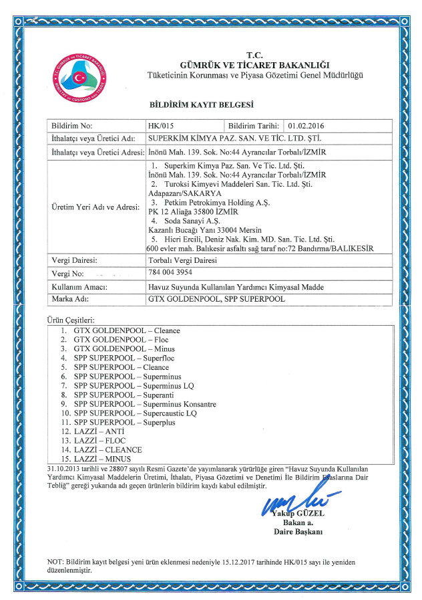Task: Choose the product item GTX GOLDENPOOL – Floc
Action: tap(120, 340)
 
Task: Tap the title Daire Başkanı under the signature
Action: tap(298, 532)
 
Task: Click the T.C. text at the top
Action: tap(254, 55)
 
